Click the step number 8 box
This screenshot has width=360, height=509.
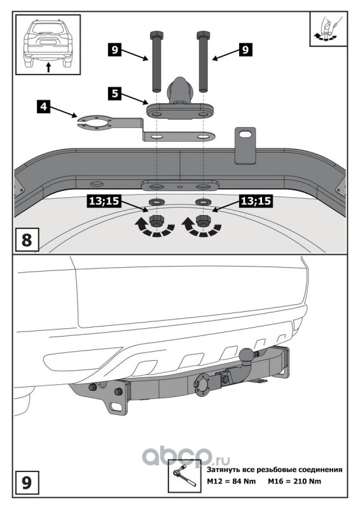27,239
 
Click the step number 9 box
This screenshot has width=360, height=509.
27,482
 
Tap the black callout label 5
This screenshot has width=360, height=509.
115,94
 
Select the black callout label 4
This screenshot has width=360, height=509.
44,106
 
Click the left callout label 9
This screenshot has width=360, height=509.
114,50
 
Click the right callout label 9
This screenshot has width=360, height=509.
246,50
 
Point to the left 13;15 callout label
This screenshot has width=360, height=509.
104,201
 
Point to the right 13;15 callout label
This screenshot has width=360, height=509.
256,201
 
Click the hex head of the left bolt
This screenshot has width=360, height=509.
157,35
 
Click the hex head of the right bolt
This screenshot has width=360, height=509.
204,35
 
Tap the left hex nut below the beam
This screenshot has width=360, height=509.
156,220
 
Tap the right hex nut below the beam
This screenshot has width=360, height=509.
203,220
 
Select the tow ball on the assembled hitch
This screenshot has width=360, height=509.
246,354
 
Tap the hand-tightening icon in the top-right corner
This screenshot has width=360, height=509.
328,29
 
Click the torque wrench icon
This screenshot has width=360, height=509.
183,476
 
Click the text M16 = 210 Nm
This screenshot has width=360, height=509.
294,481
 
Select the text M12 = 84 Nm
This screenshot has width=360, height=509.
232,481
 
